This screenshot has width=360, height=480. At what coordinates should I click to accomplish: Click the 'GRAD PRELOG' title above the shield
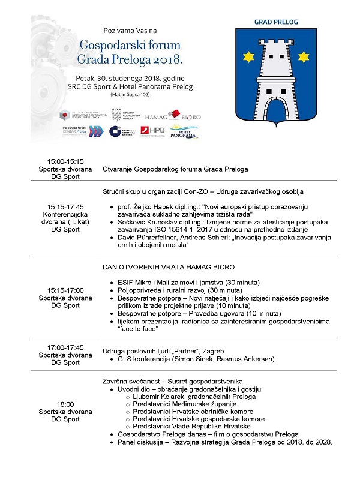tap(276, 22)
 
